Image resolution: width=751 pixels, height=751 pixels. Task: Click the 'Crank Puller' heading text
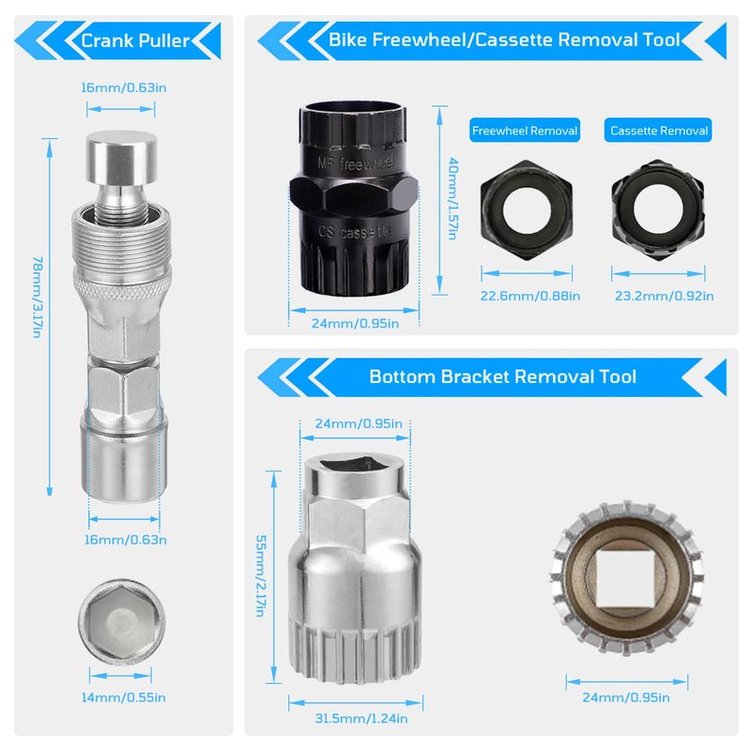point(135,40)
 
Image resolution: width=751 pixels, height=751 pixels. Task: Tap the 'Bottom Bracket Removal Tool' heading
point(502,376)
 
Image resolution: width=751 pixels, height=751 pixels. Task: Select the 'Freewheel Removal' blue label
point(525,130)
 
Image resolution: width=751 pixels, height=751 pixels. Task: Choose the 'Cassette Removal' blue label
point(659,130)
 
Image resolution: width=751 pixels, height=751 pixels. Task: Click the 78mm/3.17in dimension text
point(38,297)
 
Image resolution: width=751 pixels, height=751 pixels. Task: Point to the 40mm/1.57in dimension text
point(453,198)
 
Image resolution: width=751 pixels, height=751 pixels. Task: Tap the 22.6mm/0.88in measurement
point(530,296)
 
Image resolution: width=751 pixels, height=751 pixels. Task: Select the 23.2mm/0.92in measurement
point(665,296)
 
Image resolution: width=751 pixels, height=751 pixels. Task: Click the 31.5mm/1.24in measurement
point(361,718)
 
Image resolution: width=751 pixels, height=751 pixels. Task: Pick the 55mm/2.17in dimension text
point(260,575)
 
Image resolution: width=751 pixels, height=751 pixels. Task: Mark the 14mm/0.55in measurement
point(124,697)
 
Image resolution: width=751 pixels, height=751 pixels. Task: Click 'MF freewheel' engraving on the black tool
point(356,163)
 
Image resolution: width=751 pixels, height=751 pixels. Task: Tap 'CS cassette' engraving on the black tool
point(355,232)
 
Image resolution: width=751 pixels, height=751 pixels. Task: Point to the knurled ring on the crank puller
point(122,287)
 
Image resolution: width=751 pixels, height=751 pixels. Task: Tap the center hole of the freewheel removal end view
point(527,209)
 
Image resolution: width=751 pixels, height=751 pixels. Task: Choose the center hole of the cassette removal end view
point(658,209)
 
